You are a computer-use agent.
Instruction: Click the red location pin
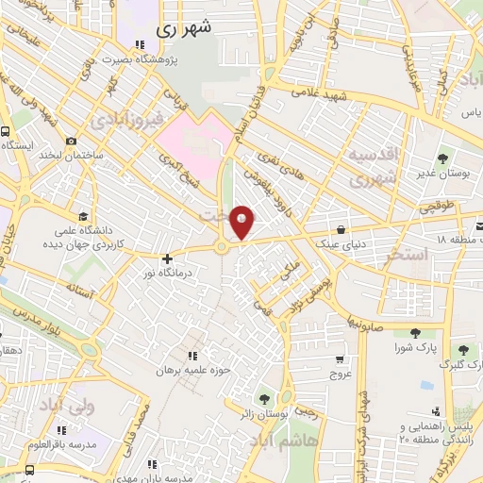tap(243, 222)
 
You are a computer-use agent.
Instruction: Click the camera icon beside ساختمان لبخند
tap(72, 142)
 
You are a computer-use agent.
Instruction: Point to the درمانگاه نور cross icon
tap(167, 258)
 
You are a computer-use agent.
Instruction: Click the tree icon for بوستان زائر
tap(263, 399)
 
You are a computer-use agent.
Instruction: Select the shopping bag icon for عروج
tap(339, 358)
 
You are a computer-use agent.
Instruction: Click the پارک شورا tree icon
tap(415, 332)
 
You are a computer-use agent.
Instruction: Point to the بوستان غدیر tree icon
tap(442, 158)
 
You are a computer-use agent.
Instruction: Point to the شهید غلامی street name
tap(319, 93)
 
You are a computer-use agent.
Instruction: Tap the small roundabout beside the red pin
tap(222, 248)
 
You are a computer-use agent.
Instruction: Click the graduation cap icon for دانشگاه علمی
tap(83, 215)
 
